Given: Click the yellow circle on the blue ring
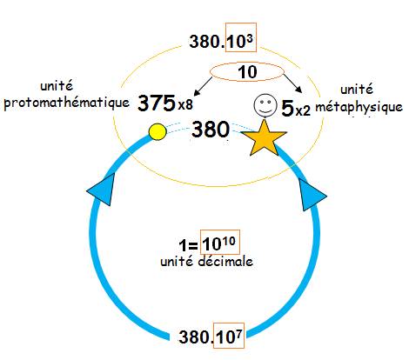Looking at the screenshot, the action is point(158,132).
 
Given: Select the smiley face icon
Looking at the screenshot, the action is point(265,105).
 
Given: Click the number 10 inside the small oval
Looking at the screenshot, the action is point(247,72).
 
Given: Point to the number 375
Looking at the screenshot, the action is point(157,103).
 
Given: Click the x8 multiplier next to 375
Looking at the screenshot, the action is point(185,105).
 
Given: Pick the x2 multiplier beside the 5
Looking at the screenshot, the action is point(303,110).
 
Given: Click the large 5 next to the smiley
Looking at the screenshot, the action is point(288,108).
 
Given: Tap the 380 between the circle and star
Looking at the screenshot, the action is point(211,130).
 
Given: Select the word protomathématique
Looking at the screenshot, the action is point(67,103).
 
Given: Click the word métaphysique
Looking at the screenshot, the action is point(359,107).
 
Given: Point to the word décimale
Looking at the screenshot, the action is point(225,262).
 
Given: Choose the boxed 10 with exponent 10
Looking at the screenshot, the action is point(220,243).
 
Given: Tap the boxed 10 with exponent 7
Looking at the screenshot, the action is point(229,336).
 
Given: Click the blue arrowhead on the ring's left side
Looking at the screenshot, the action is point(102,190).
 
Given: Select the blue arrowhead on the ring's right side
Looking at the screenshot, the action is point(312,195).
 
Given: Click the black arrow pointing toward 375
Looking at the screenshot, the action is point(203,86).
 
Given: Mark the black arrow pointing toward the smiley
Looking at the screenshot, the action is point(293,83).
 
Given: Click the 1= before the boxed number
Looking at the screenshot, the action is point(189,245).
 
